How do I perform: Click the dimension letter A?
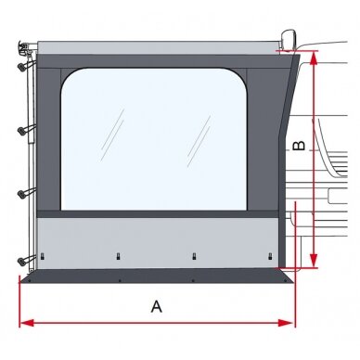tap(157, 306)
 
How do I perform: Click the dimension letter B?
tap(299, 146)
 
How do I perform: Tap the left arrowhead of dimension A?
tap(26, 323)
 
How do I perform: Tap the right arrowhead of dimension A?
tap(286, 323)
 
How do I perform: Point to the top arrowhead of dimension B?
tap(314, 58)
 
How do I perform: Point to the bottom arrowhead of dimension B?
tap(314, 260)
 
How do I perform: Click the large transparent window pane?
tap(154, 139)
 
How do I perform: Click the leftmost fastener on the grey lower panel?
tap(43, 256)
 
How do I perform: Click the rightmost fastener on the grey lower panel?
tap(270, 256)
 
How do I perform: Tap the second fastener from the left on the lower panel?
tap(118, 256)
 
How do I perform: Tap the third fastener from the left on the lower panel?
tap(194, 256)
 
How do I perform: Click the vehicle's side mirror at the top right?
tap(289, 39)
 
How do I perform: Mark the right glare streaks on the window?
tap(199, 141)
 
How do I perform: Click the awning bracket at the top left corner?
tap(25, 47)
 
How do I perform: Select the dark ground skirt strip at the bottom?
tap(157, 276)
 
